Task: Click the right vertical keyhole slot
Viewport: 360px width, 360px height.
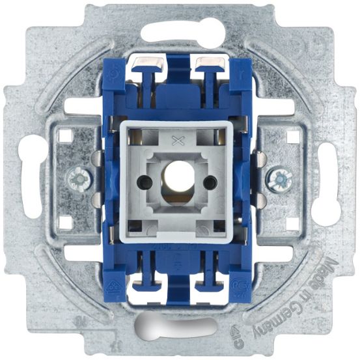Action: point(328,180)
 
